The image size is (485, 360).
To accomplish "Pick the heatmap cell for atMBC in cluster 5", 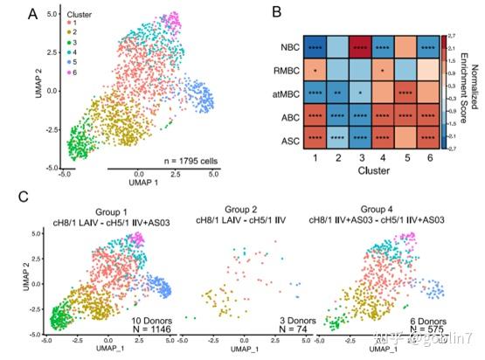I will tap(405, 92).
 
